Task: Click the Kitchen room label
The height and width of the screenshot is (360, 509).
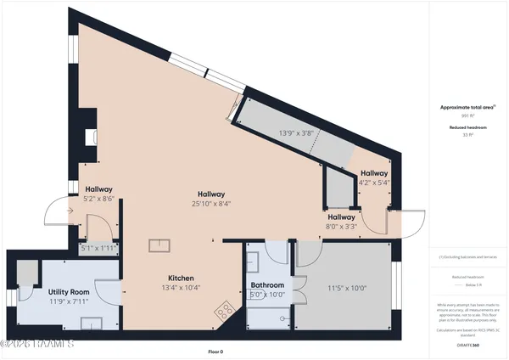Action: (x=181, y=278)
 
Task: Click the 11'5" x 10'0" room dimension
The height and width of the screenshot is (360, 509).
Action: (x=346, y=288)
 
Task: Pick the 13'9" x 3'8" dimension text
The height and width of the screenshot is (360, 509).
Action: (x=297, y=132)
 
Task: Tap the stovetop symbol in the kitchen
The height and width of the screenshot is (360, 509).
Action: (x=225, y=310)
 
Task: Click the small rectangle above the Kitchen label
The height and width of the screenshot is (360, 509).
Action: (x=159, y=245)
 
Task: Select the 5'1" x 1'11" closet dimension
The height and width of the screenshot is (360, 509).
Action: (x=98, y=248)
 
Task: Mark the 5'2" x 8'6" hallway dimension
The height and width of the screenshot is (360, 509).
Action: (x=99, y=199)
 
